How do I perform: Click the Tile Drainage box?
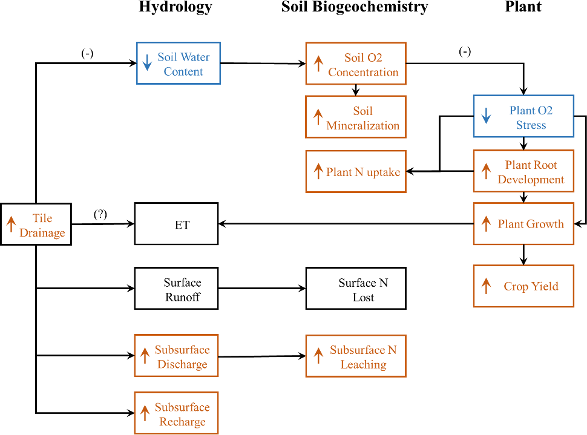pyautogui.click(x=36, y=224)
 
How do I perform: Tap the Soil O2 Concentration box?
pyautogui.click(x=355, y=64)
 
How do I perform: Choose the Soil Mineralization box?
pyautogui.click(x=355, y=117)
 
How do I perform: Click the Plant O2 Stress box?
pyautogui.click(x=523, y=116)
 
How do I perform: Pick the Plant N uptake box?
pyautogui.click(x=355, y=172)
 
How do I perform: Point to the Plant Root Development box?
pyautogui.click(x=523, y=171)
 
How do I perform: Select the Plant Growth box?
pyautogui.click(x=523, y=224)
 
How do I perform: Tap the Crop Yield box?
pyautogui.click(x=523, y=286)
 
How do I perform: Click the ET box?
pyautogui.click(x=176, y=224)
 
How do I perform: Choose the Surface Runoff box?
pyautogui.click(x=176, y=289)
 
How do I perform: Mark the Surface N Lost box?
pyautogui.click(x=355, y=289)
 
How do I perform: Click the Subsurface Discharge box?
pyautogui.click(x=176, y=356)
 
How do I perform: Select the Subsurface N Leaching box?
pyautogui.click(x=355, y=356)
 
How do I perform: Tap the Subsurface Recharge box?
pyautogui.click(x=176, y=413)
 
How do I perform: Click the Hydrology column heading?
pyautogui.click(x=175, y=7)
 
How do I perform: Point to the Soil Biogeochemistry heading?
pyautogui.click(x=355, y=7)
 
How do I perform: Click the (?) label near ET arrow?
pyautogui.click(x=101, y=214)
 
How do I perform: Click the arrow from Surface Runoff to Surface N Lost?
pyautogui.click(x=261, y=289)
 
